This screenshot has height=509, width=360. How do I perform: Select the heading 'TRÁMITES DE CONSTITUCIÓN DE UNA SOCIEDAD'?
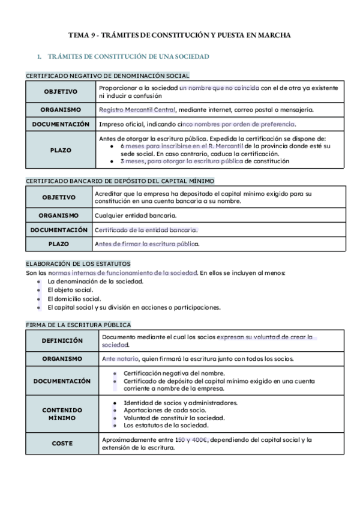coord(127,56)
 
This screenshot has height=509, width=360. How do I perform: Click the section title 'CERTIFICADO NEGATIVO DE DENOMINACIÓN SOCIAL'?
coord(107,76)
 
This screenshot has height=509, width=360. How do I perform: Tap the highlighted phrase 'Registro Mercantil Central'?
coord(137,110)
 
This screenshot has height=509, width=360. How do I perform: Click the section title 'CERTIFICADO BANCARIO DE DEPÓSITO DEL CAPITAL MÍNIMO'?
coord(120,181)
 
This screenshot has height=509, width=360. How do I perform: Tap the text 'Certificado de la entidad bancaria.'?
coord(146,230)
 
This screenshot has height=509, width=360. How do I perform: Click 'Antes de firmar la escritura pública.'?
coord(147,244)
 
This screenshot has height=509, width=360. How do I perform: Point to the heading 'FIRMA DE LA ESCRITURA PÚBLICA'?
coord(78,325)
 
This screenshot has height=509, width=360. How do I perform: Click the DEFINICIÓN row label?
coord(62,340)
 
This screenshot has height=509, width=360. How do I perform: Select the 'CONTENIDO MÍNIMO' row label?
coord(62,414)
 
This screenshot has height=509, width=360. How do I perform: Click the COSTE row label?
coord(62,444)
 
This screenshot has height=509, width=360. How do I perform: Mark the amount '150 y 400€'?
coord(191,440)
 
